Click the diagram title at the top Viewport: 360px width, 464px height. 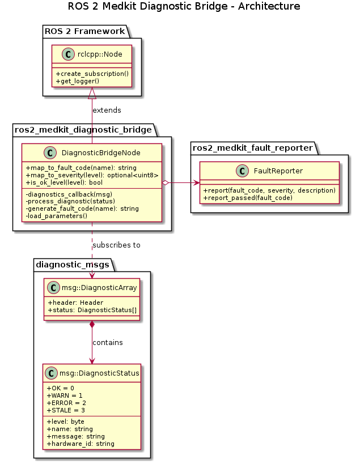(184, 7)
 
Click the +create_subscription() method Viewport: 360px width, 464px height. (91, 74)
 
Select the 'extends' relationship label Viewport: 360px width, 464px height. (107, 110)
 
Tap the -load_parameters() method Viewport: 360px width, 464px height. (57, 216)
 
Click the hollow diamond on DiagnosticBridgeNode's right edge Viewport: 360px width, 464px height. (165, 182)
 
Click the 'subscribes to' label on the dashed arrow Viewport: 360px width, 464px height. (116, 245)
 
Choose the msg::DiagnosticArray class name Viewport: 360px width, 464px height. (99, 288)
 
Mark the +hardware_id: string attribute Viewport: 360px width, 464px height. (81, 444)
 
